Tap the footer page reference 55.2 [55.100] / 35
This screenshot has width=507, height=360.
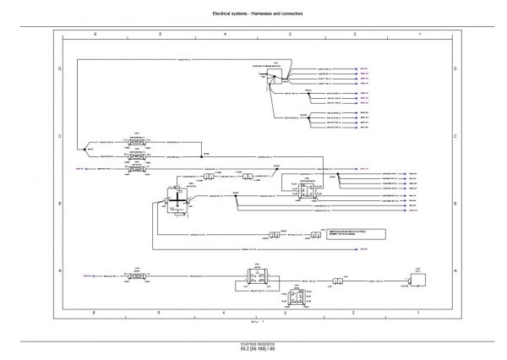[253, 349]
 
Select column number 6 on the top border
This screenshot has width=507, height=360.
[95, 33]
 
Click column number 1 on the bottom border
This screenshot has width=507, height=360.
[420, 313]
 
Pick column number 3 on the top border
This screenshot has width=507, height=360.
[290, 33]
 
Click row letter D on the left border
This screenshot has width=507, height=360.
[58, 68]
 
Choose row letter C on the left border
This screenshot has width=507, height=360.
[58, 135]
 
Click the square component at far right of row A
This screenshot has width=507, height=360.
[416, 276]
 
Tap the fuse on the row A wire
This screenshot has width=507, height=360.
[138, 275]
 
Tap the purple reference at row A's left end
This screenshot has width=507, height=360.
[86, 275]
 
